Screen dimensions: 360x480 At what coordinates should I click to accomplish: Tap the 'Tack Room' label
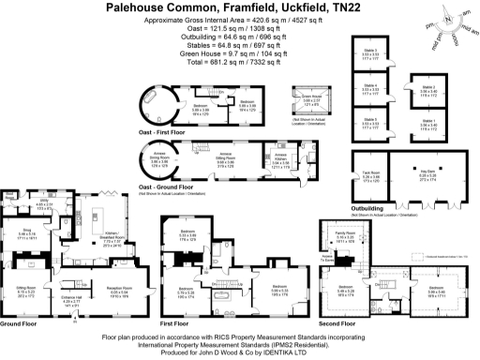(369, 172)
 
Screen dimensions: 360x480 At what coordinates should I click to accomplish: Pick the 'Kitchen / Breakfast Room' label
(111, 236)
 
